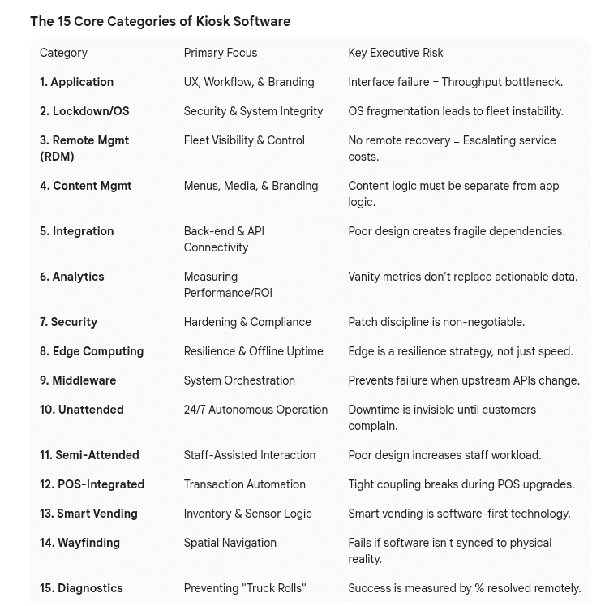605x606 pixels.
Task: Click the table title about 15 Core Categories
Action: [x=160, y=22]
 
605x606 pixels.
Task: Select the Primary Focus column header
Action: [x=220, y=53]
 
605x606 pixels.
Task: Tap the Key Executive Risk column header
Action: [x=395, y=53]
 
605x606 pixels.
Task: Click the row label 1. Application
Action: [x=76, y=82]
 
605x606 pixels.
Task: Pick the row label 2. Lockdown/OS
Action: [x=84, y=111]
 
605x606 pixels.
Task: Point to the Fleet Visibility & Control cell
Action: [x=243, y=140]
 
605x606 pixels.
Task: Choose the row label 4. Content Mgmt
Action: [x=85, y=186]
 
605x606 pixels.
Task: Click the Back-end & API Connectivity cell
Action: [x=223, y=239]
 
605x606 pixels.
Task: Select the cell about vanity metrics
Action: [x=462, y=277]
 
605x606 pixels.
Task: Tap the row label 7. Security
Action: [x=68, y=322]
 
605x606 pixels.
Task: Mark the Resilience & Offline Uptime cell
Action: [x=253, y=351]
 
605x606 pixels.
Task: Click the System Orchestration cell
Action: [x=238, y=380]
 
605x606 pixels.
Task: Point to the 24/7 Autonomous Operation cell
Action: [x=255, y=410]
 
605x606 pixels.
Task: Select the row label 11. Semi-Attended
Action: [x=89, y=455]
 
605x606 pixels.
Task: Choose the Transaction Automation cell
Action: [x=244, y=484]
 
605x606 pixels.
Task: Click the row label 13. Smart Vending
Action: [x=88, y=514]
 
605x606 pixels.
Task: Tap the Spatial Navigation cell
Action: [x=230, y=543]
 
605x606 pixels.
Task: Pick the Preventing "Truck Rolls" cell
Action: [x=244, y=588]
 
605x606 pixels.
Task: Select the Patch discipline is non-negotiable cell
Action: [x=436, y=322]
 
